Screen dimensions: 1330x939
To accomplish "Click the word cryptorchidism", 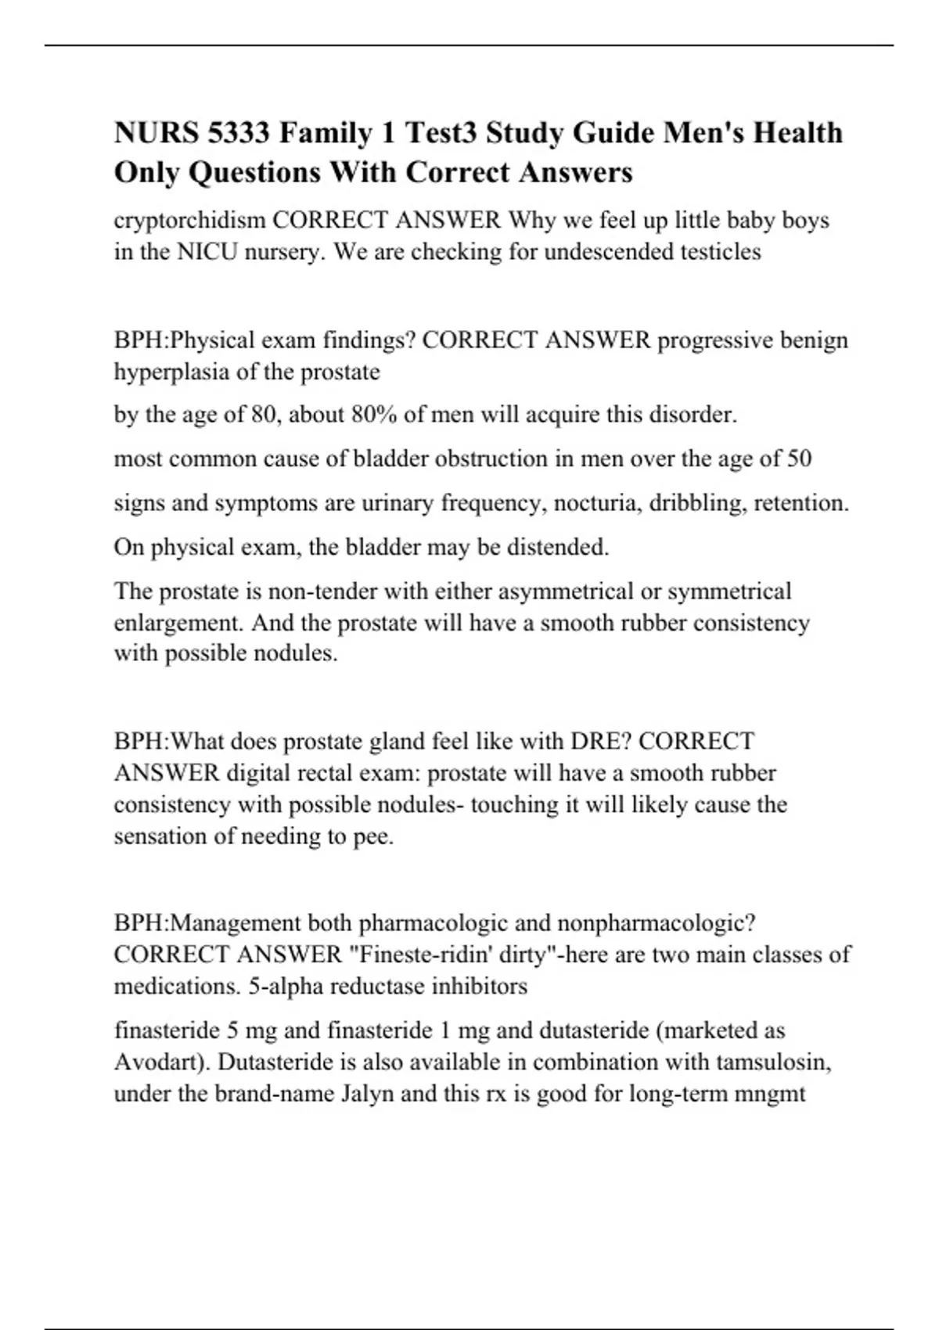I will tap(190, 221).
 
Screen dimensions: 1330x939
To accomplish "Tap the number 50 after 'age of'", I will tap(798, 458).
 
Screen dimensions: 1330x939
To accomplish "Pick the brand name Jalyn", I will tap(369, 1094).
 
